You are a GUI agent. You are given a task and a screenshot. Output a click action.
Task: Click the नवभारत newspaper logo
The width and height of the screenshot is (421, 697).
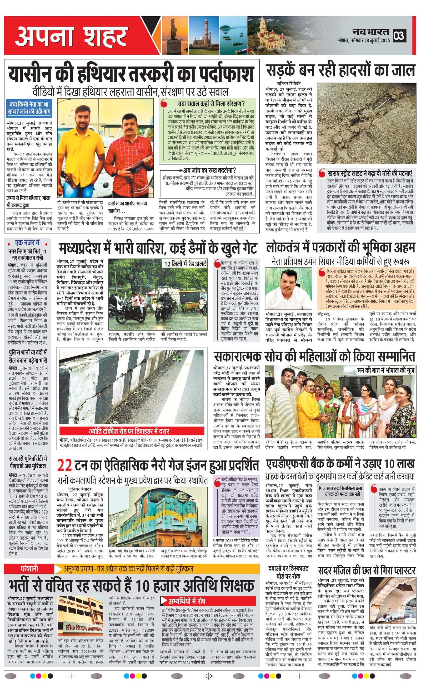click(370, 32)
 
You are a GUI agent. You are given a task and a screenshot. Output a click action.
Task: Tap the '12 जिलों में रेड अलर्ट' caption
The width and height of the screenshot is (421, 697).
click(185, 264)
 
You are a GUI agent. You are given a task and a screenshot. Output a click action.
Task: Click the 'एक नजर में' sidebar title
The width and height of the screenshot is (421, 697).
click(27, 243)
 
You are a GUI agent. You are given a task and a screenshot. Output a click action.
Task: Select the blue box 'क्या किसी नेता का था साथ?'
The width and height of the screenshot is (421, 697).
click(29, 108)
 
